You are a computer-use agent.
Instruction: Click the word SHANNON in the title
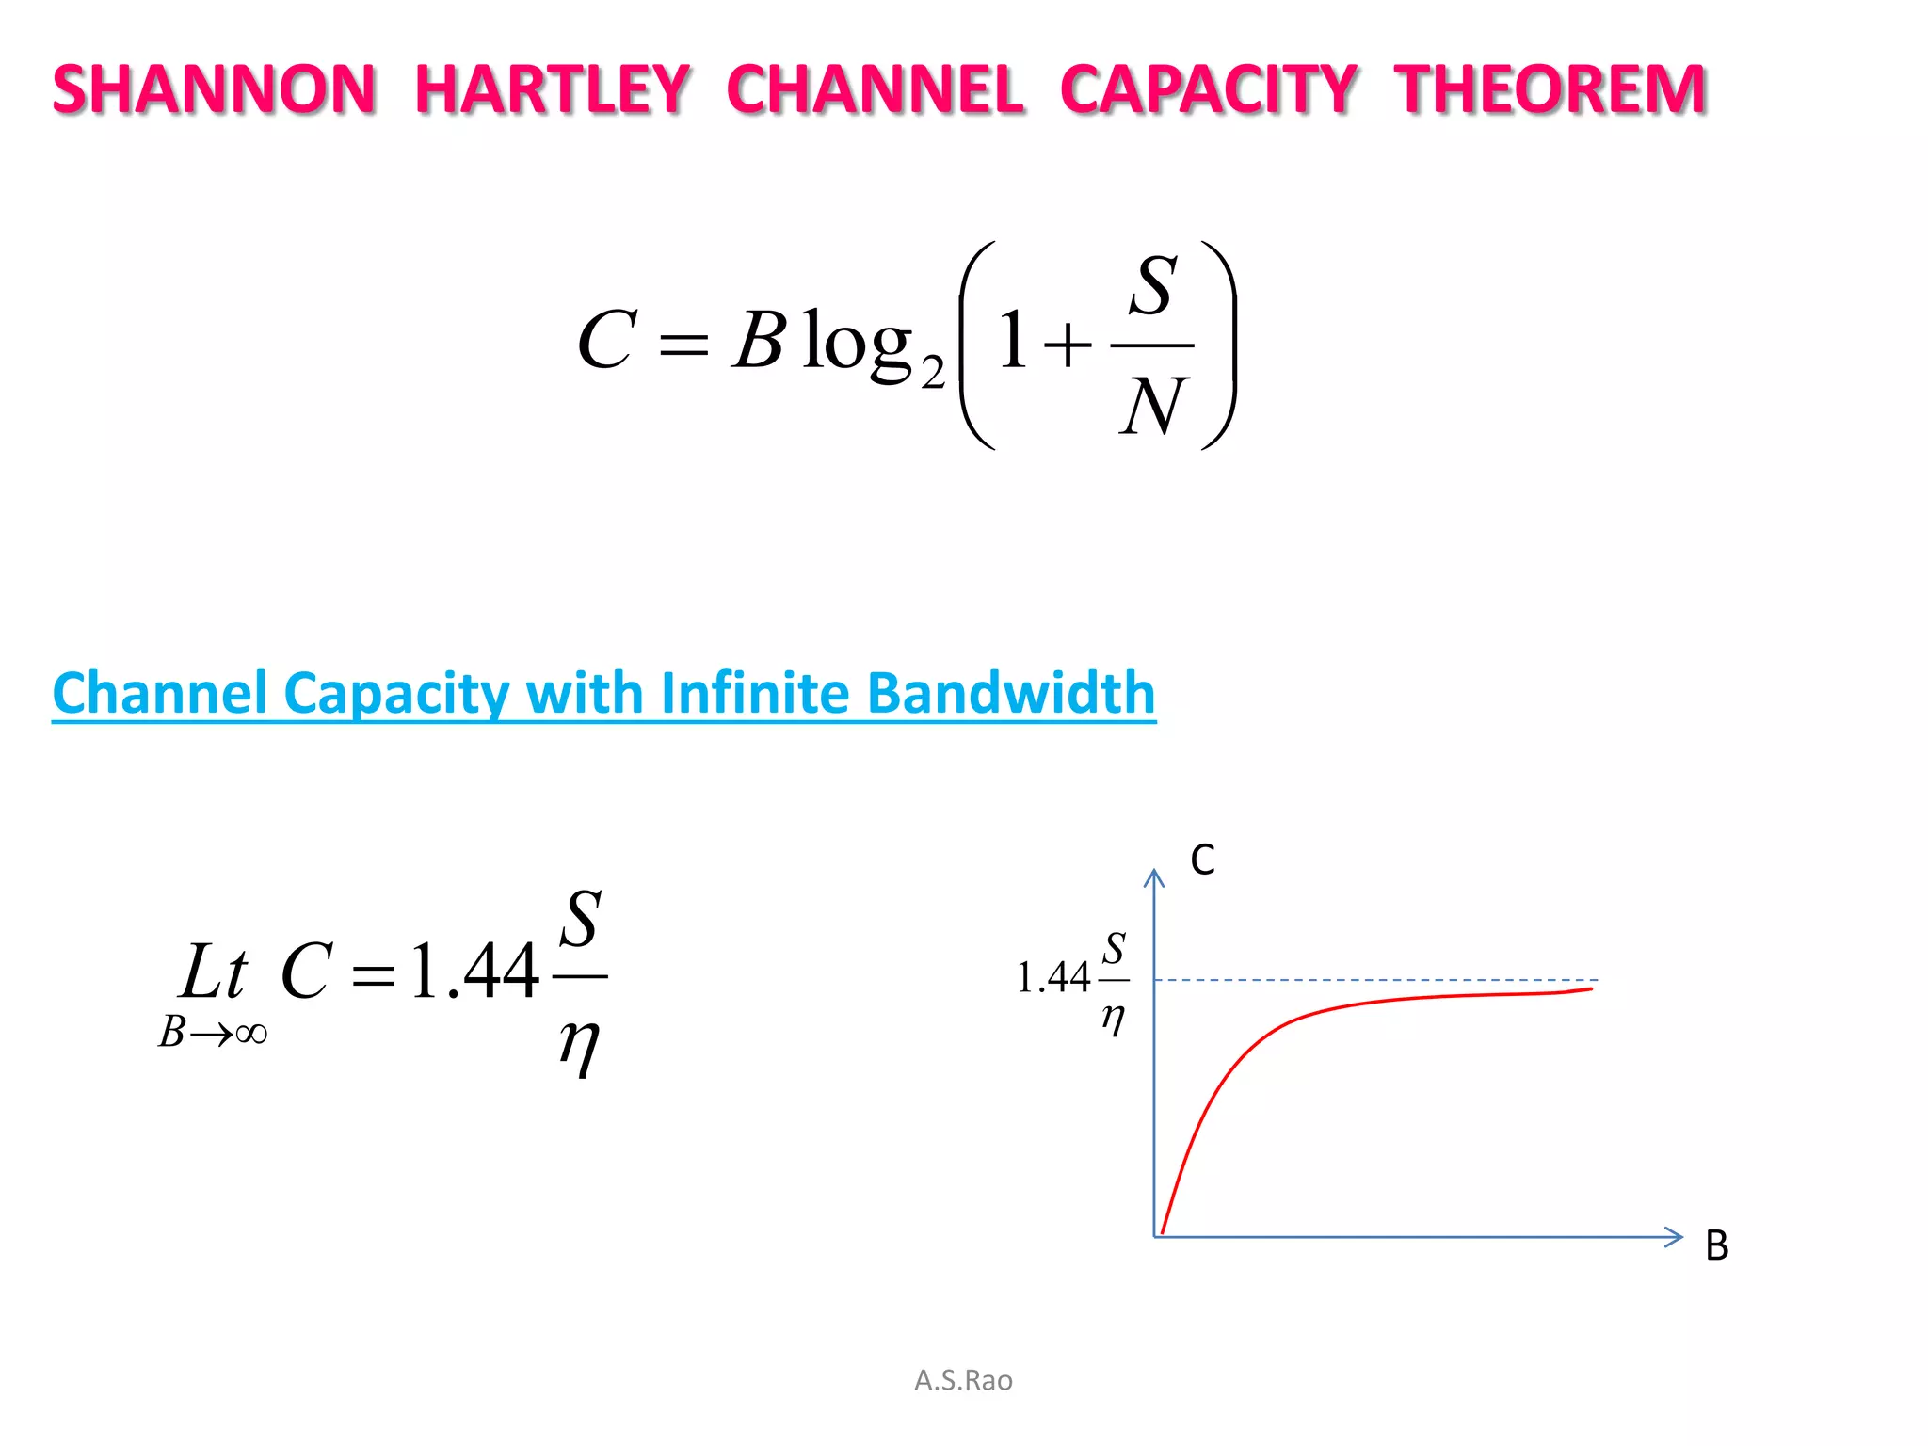215,90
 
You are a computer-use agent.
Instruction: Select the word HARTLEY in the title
553,90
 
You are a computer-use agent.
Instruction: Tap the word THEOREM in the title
1550,90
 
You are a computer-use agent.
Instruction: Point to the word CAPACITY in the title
1208,90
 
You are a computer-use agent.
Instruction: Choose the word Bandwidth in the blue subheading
1011,693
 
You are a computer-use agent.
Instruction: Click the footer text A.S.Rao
963,1380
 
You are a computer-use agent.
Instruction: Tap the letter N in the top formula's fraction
1153,406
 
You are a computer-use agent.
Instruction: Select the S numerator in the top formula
1154,285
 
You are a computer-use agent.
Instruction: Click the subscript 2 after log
932,373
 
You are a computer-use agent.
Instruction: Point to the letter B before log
759,340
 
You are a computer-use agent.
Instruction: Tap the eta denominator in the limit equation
579,1045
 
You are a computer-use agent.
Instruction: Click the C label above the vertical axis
1202,860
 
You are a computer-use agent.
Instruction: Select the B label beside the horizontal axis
1716,1245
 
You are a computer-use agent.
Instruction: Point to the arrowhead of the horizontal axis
1675,1237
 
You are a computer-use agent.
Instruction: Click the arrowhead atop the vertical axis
1154,877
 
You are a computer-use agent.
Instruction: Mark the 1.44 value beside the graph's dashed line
1053,978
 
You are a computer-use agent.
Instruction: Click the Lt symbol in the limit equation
214,972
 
